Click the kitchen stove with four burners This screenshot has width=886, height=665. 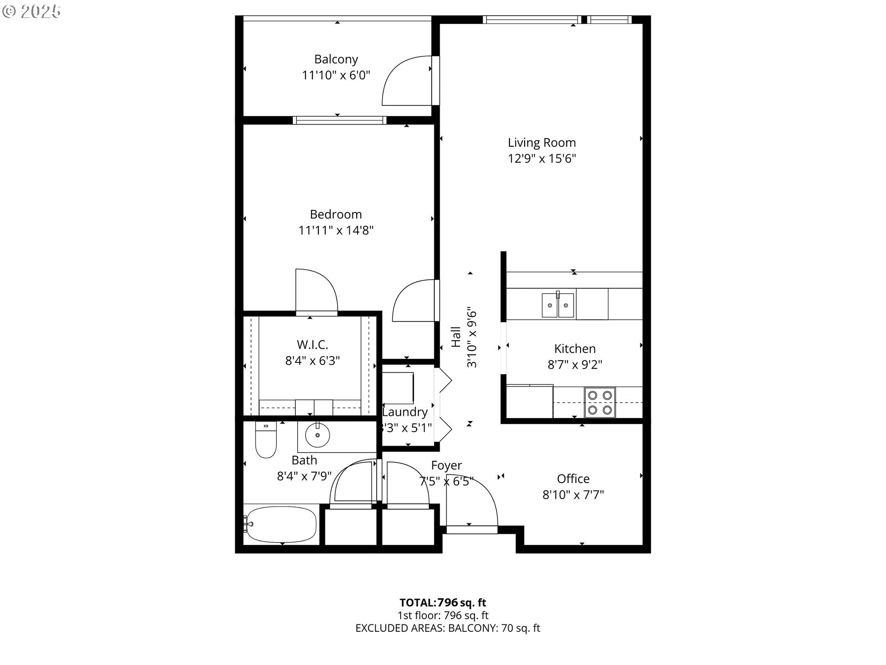pos(600,402)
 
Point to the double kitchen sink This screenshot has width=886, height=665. pos(558,305)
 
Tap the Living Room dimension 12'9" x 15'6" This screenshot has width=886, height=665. pos(542,159)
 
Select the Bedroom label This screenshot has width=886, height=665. pos(335,214)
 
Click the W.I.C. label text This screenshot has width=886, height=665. pos(312,345)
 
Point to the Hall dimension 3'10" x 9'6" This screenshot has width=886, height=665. pos(472,337)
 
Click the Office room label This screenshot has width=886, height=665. pos(573,479)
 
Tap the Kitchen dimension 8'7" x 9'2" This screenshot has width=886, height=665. pos(575,365)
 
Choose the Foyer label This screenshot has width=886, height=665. pos(446,465)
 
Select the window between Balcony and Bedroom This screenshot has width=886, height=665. pos(340,121)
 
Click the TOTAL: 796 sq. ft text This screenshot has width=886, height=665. pos(443,603)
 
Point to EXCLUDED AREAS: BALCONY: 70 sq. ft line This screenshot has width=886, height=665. pos(447,628)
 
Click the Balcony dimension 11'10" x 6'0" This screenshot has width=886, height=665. pos(336,75)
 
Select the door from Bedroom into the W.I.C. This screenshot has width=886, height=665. pos(316,291)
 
